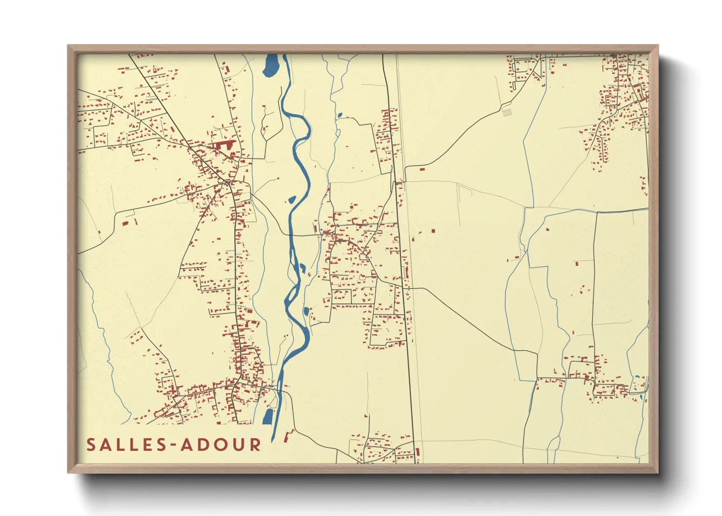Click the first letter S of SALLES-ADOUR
pyautogui.click(x=91, y=445)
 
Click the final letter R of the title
pyautogui.click(x=256, y=445)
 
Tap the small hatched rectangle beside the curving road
pyautogui.click(x=507, y=112)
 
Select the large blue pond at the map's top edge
pyautogui.click(x=270, y=66)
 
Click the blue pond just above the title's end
pyautogui.click(x=268, y=416)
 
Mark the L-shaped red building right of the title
pyautogui.click(x=289, y=436)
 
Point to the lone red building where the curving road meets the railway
pyautogui.click(x=422, y=169)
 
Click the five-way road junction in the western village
pyautogui.click(x=228, y=182)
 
